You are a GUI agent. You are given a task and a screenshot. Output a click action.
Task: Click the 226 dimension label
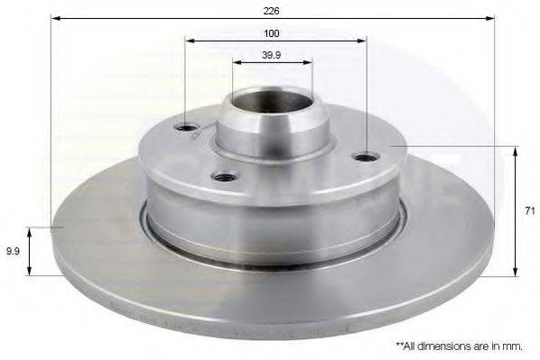tap(272, 11)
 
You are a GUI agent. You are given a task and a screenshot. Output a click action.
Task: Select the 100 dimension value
tap(272, 33)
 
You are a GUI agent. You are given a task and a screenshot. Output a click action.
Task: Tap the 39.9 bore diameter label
tap(272, 55)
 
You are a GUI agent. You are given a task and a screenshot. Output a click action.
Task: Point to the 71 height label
tap(530, 210)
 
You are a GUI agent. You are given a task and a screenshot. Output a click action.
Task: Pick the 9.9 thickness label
tap(13, 251)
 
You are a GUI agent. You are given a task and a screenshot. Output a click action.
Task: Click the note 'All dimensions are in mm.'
tap(459, 346)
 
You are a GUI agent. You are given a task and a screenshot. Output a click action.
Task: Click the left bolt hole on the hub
tap(185, 128)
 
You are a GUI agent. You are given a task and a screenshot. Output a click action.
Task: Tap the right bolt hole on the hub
tap(367, 158)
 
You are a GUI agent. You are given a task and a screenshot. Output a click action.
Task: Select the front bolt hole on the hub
tap(225, 178)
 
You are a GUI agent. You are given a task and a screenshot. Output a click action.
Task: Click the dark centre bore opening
tap(272, 101)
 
